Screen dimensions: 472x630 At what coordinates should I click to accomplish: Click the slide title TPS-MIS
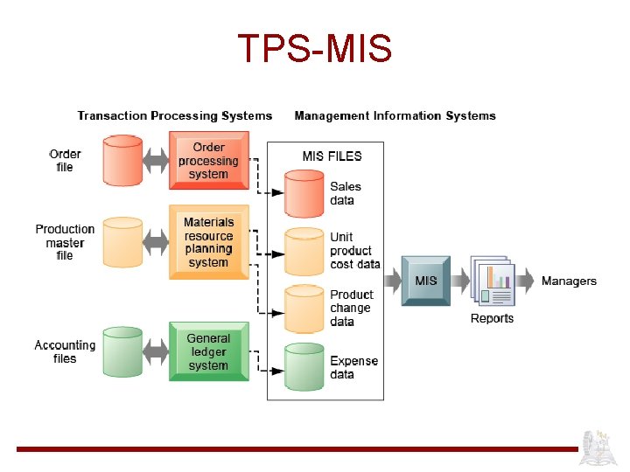[x=315, y=50]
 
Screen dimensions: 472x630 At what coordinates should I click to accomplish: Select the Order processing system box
[x=208, y=161]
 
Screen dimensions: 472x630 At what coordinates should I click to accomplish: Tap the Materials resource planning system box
[x=208, y=242]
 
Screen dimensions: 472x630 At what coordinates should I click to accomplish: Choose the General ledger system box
[x=208, y=351]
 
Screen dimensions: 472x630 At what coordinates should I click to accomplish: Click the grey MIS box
[x=425, y=281]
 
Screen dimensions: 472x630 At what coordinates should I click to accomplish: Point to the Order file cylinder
[x=122, y=160]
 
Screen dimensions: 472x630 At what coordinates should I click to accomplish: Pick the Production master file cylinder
[x=122, y=242]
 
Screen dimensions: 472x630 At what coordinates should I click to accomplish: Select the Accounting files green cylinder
[x=122, y=351]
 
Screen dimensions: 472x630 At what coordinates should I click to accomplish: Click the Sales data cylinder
[x=304, y=193]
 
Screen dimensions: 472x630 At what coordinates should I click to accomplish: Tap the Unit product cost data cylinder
[x=304, y=251]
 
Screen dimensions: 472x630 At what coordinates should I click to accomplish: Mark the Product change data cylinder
[x=304, y=308]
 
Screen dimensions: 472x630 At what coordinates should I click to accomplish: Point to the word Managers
[x=569, y=281]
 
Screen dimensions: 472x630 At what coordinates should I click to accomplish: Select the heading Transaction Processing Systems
[x=175, y=115]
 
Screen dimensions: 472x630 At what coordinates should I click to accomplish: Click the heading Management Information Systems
[x=395, y=115]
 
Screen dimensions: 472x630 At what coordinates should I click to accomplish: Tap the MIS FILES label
[x=332, y=156]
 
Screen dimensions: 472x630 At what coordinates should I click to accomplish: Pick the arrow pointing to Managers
[x=525, y=281]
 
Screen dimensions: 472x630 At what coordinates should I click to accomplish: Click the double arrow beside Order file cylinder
[x=155, y=160]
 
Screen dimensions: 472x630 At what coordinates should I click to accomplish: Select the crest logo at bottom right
[x=600, y=448]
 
